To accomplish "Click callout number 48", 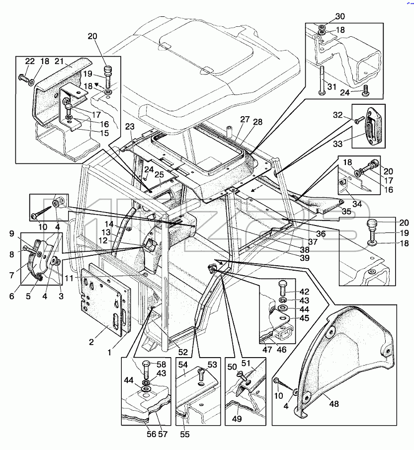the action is click(x=334, y=404).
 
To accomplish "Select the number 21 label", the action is click(x=59, y=62).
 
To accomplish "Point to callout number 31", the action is click(x=331, y=86).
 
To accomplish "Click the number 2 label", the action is click(x=91, y=342).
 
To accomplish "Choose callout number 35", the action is click(x=346, y=211).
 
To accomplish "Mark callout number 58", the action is click(x=162, y=364).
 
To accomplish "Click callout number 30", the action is click(x=340, y=16).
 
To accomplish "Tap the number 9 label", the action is click(x=11, y=233).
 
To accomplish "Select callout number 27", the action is click(x=245, y=119).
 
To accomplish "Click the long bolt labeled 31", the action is click(x=322, y=81).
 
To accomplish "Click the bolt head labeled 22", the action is click(x=23, y=77).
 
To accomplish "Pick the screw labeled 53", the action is click(x=202, y=375).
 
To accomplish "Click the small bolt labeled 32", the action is click(x=359, y=120).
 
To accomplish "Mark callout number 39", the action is click(x=305, y=258).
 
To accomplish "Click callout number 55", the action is click(x=185, y=434).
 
